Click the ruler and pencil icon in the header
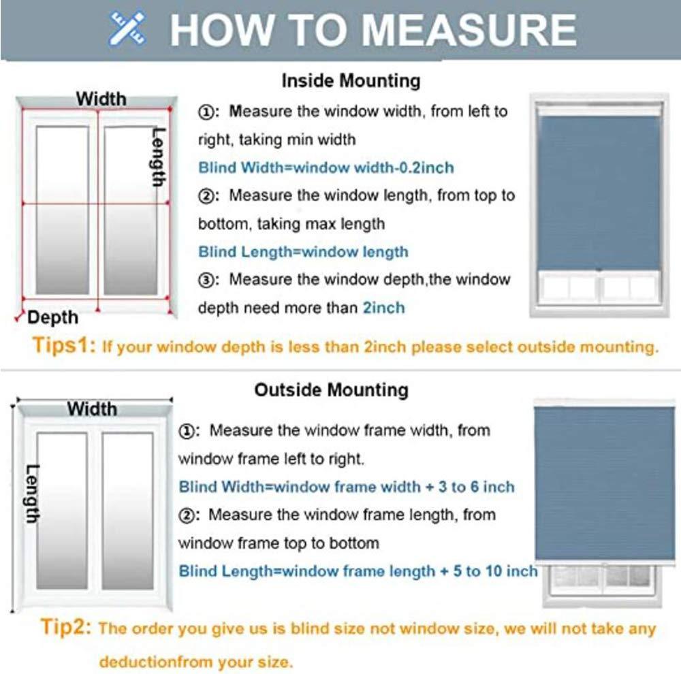pos(127,29)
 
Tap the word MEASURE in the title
pos(469,29)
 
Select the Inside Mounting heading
pos(351,81)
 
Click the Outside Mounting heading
pos(331,390)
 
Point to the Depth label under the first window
pos(53,317)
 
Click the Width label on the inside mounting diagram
pos(101,99)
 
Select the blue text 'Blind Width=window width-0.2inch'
pos(326,167)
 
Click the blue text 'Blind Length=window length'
pos(303,252)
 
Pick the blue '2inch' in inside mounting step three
pos(383,308)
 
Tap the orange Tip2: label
pos(66,627)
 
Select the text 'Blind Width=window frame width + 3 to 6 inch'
pos(346,487)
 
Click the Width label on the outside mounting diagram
pos(91,409)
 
